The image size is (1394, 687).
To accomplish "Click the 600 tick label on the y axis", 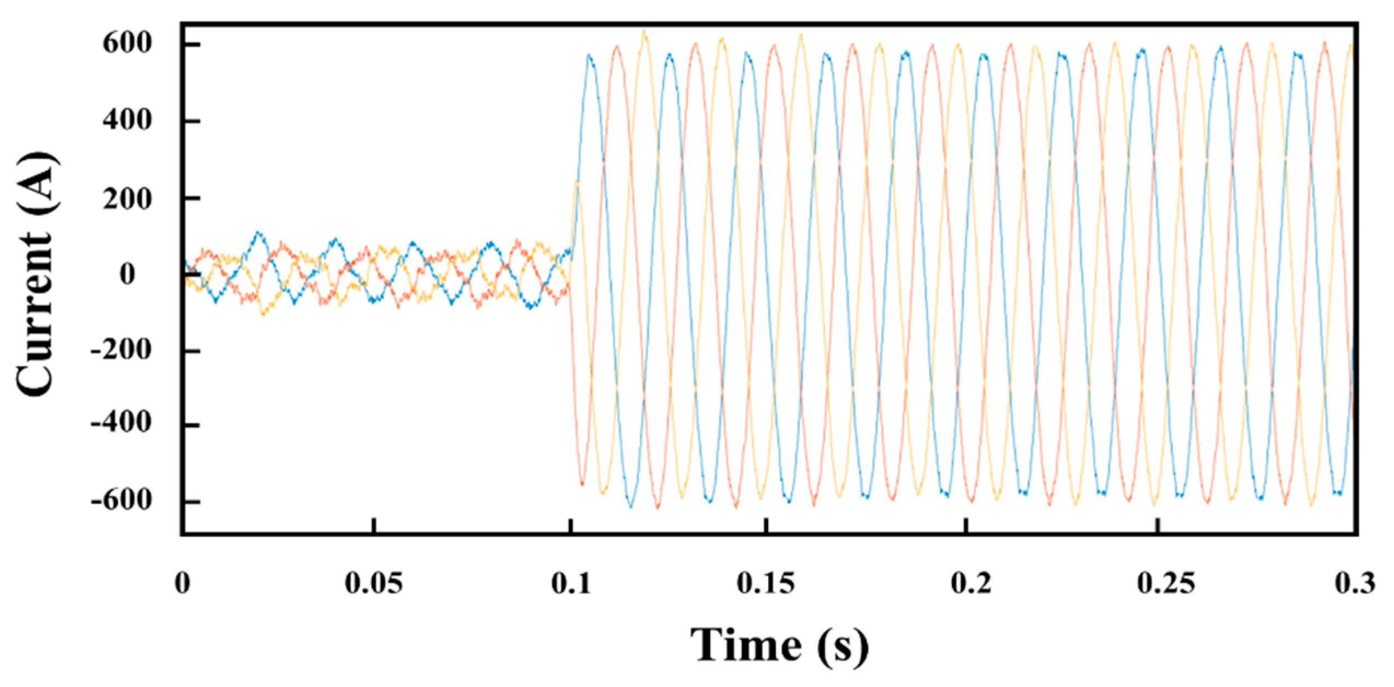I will click(x=127, y=44).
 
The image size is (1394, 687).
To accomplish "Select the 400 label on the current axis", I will click(x=127, y=120).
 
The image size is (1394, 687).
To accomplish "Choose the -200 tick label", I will click(x=120, y=350).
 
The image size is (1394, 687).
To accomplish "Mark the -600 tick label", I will click(x=120, y=501).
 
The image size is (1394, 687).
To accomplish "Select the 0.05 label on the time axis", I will click(x=374, y=584).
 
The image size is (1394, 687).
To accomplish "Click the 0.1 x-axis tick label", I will click(x=571, y=584).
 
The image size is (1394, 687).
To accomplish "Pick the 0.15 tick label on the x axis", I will click(x=766, y=584).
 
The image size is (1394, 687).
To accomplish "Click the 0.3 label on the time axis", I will click(x=1355, y=584).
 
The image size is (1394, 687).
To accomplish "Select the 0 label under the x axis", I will click(x=183, y=584).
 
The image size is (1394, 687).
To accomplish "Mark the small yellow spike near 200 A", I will click(x=576, y=182).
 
